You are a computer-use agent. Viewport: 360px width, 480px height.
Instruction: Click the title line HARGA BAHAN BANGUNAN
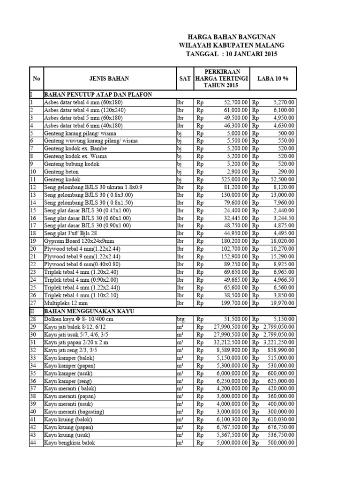click(232, 37)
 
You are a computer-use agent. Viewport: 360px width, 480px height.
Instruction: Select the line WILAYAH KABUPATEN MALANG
click(232, 45)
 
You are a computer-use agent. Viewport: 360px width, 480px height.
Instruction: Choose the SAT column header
click(184, 78)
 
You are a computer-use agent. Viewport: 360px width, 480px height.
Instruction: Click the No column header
click(36, 78)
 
